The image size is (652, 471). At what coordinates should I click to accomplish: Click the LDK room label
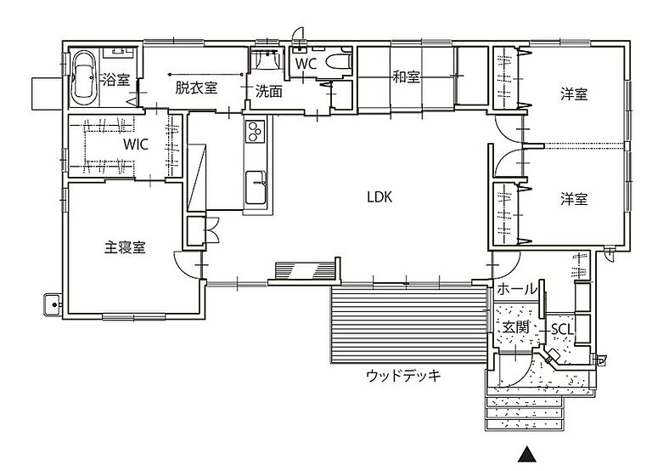point(379,196)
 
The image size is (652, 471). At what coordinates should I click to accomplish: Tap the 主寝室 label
point(125,247)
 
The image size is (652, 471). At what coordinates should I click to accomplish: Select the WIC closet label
point(135,144)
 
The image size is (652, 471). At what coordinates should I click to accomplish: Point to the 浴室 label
point(115,81)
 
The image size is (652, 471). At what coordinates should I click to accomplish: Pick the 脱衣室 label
point(196,87)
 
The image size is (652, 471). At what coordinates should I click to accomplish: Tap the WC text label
point(306,63)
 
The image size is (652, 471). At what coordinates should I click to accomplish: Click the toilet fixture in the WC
point(337,63)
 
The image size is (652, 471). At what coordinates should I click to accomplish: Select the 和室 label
point(406,77)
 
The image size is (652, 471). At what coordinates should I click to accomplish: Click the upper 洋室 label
point(574,94)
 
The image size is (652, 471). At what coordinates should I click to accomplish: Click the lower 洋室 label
point(574,198)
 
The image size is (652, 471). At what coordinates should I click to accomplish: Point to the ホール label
point(516,289)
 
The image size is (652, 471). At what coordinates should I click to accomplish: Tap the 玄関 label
point(514,327)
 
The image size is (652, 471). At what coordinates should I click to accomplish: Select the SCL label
point(562,329)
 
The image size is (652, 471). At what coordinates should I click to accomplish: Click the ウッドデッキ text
point(403,375)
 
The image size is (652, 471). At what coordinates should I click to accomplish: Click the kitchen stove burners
point(256,132)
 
